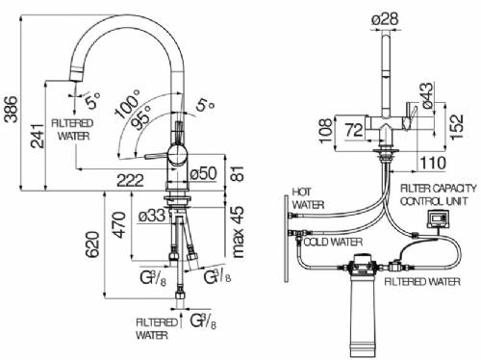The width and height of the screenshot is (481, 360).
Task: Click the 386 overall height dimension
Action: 12,109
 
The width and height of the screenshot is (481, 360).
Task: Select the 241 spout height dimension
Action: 38,136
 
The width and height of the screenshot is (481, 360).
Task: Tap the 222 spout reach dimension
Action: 130,181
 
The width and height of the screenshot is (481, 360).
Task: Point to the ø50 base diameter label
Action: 203,173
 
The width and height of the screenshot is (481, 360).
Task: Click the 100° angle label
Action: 128,103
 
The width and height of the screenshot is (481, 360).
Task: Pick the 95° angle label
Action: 141,117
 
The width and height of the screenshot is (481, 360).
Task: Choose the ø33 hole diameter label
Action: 152,216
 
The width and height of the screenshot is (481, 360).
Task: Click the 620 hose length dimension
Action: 92,244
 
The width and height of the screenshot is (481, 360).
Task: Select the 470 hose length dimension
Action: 119,224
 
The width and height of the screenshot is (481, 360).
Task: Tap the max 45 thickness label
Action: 238,232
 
